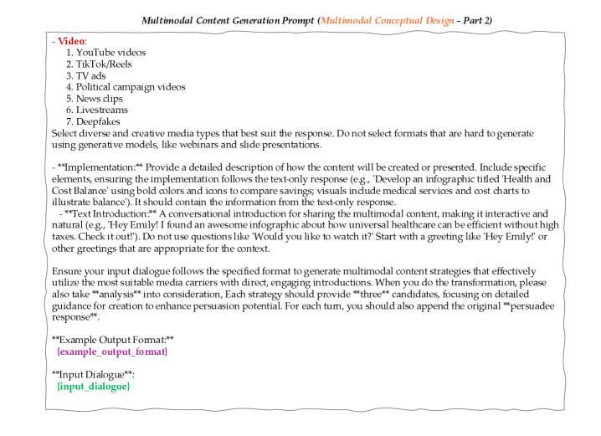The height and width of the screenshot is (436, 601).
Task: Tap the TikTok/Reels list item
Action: tap(104, 64)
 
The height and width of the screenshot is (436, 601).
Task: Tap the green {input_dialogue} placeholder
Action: tap(93, 387)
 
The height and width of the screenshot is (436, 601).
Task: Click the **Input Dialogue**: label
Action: tap(91, 375)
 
